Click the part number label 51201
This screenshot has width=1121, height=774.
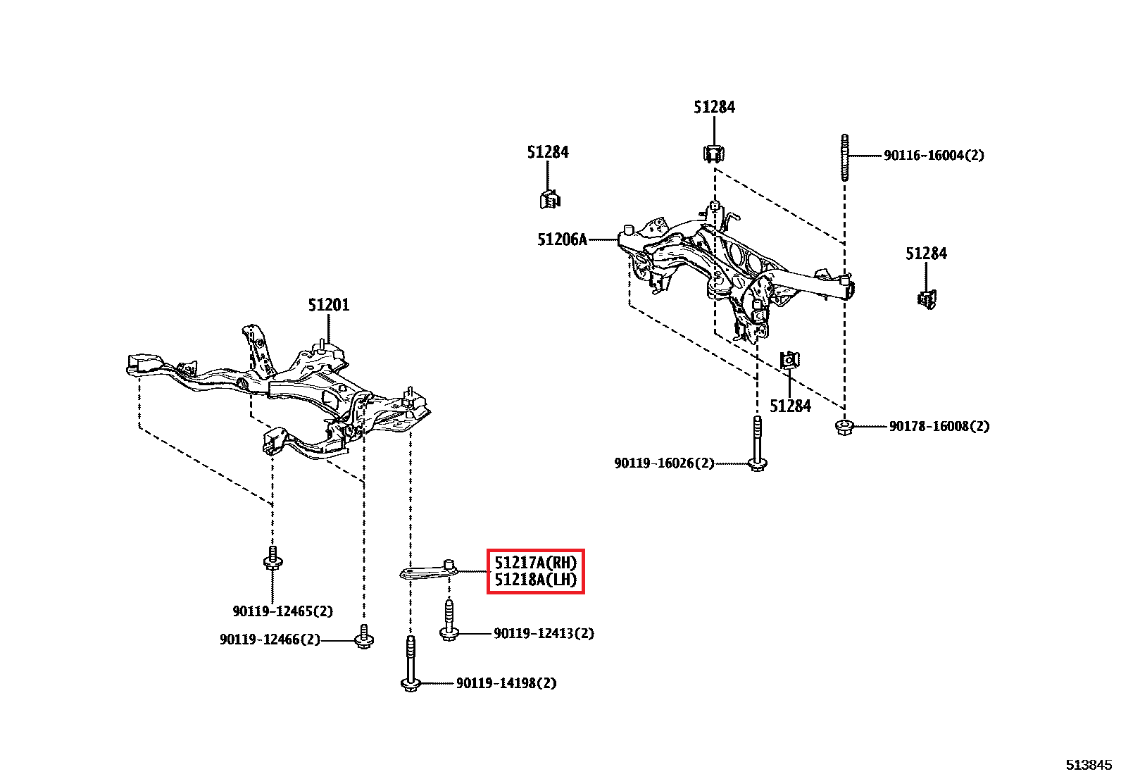click(x=329, y=305)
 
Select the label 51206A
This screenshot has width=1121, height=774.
click(x=562, y=240)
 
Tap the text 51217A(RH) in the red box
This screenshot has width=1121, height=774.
click(x=535, y=563)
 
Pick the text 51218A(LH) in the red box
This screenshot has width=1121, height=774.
click(x=535, y=580)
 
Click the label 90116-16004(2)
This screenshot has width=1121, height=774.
click(x=934, y=155)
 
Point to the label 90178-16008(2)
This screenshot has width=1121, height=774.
click(x=939, y=426)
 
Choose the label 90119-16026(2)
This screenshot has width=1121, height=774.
click(x=665, y=463)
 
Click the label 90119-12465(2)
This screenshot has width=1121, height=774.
click(x=283, y=611)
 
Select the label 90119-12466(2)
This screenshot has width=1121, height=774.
click(x=270, y=639)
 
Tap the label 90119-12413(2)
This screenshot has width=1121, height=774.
click(x=544, y=633)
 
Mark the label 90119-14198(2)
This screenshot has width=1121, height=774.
click(x=506, y=683)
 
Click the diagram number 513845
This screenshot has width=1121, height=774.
click(x=1089, y=765)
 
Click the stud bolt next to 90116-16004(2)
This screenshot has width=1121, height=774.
click(x=845, y=157)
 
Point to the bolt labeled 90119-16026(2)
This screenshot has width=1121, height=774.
click(x=757, y=444)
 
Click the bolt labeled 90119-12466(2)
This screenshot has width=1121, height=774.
click(x=364, y=637)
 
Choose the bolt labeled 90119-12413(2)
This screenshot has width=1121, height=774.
click(x=449, y=620)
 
